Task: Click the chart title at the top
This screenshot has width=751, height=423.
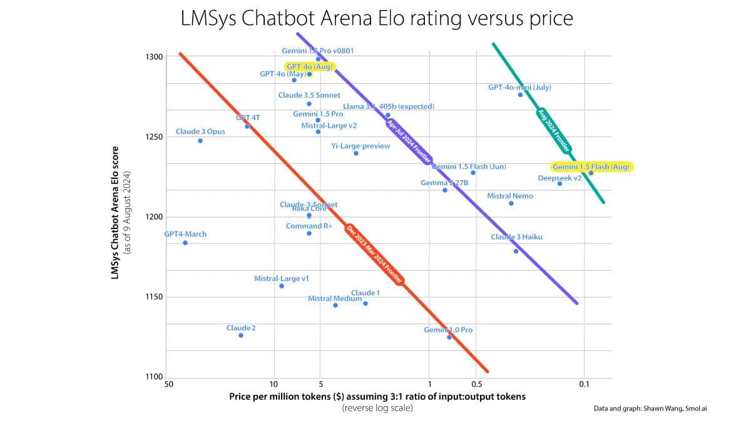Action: pos(376,18)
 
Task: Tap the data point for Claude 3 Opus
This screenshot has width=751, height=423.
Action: pos(200,141)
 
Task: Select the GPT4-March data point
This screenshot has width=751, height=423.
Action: pos(185,243)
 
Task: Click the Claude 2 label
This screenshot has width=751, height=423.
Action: pos(241,328)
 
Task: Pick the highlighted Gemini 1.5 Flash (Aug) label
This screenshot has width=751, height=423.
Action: pos(591,167)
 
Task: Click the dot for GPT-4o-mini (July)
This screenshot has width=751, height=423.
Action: pos(520,94)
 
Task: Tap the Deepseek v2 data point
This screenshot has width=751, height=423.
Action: pos(559,183)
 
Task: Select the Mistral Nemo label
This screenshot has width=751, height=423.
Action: pos(510,196)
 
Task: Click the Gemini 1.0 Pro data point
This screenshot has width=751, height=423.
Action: pos(449,337)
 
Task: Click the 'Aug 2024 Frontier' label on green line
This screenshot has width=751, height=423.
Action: pos(554,131)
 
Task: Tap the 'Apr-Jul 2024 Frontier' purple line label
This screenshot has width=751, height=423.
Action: pos(408,141)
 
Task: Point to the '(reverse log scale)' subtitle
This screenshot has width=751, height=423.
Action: pos(377,408)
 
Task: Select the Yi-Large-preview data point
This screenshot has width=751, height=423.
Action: pos(356,153)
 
